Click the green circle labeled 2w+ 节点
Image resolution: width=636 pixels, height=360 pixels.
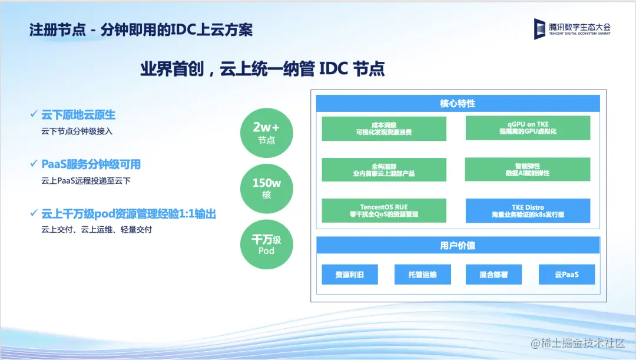pyautogui.click(x=267, y=133)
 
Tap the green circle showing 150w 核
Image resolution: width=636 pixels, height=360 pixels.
pyautogui.click(x=267, y=189)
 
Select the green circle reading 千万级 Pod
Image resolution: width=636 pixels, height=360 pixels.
pyautogui.click(x=267, y=245)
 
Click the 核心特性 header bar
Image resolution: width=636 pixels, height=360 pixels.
pyautogui.click(x=458, y=104)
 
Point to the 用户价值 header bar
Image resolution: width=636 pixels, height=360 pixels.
pyautogui.click(x=458, y=245)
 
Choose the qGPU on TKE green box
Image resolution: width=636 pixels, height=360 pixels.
pyautogui.click(x=528, y=128)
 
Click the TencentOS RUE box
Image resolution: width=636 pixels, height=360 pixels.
pyautogui.click(x=384, y=210)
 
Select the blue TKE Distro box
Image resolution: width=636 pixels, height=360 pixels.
pyautogui.click(x=528, y=210)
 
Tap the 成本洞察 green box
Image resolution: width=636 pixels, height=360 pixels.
pyautogui.click(x=384, y=128)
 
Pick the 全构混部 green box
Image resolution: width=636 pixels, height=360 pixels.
pyautogui.click(x=384, y=169)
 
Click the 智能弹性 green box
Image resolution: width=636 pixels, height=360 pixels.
pyautogui.click(x=528, y=169)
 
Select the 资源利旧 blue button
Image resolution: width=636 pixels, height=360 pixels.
pyautogui.click(x=350, y=275)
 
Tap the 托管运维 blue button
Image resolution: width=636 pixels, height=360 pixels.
pyautogui.click(x=423, y=275)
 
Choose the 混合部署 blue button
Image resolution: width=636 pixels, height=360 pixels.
pyautogui.click(x=493, y=275)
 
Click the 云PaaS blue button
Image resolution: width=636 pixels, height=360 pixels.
pyautogui.click(x=567, y=275)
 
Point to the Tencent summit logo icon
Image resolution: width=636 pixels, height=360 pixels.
pyautogui.click(x=539, y=29)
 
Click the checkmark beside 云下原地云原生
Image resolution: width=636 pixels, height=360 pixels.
pyautogui.click(x=34, y=114)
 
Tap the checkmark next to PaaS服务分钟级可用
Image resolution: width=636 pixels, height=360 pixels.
pyautogui.click(x=34, y=163)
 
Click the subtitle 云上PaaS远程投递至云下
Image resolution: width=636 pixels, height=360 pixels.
pyautogui.click(x=86, y=181)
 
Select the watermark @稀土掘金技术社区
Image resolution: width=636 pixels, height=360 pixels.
pyautogui.click(x=578, y=343)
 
